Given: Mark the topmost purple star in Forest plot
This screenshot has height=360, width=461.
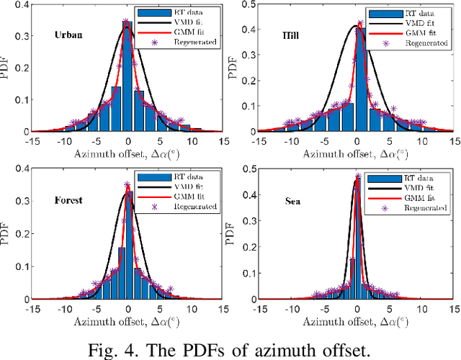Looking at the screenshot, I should click(x=127, y=184).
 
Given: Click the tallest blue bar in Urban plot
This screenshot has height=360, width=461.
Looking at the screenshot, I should click(x=127, y=79).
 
